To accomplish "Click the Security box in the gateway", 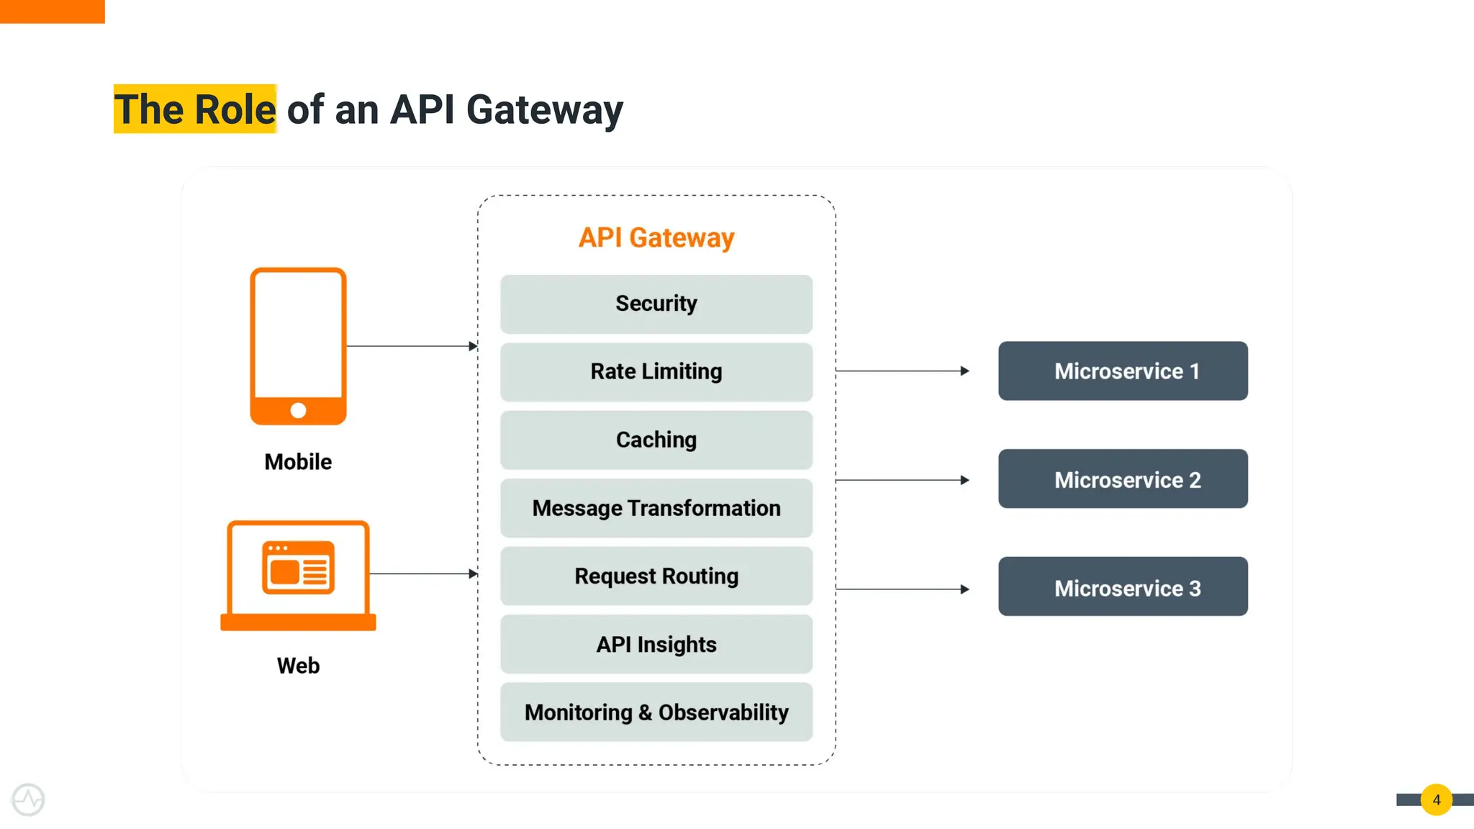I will (x=656, y=304).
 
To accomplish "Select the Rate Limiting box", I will (x=656, y=371).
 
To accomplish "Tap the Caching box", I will (x=656, y=440).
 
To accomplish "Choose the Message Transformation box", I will (x=656, y=508).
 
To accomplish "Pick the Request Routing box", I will (x=656, y=576).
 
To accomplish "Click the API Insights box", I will (x=656, y=644).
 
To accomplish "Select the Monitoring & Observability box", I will (x=656, y=712).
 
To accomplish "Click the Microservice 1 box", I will (x=1122, y=371).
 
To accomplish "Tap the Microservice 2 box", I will (x=1122, y=479).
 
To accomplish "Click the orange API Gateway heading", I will (x=656, y=237).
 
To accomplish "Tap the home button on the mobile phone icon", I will (x=298, y=410).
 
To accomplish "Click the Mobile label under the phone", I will (x=298, y=462).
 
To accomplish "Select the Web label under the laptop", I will (x=298, y=666).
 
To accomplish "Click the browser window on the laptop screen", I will (x=298, y=568).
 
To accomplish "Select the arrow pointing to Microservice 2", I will (x=903, y=480).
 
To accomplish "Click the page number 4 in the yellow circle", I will (x=1436, y=799).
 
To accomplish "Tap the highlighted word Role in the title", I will (x=235, y=109).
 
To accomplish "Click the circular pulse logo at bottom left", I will (x=28, y=799).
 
